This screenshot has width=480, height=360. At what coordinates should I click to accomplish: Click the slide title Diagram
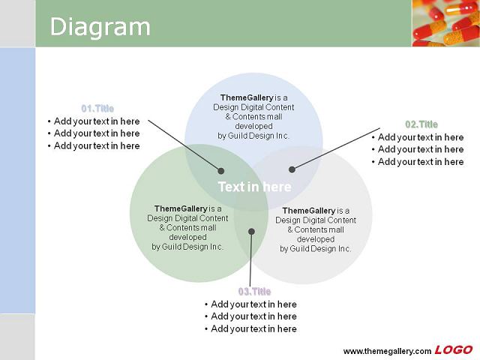[100, 28]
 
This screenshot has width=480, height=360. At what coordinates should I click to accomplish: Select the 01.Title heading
[97, 108]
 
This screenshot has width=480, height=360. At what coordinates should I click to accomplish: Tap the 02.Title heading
[421, 124]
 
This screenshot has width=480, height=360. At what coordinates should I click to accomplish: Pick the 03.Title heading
[255, 292]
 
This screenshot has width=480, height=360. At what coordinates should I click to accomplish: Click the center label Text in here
[254, 187]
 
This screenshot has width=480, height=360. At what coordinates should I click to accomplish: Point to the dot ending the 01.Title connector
[220, 171]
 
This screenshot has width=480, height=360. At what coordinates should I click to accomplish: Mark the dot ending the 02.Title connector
[292, 169]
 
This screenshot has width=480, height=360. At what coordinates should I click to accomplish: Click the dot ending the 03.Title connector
[251, 232]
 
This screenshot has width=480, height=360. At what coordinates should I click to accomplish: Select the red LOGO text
[454, 349]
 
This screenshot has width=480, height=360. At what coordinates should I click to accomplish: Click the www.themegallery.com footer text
[387, 351]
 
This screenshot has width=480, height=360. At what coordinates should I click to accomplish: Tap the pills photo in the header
[445, 23]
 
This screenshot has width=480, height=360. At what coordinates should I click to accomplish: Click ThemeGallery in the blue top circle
[247, 97]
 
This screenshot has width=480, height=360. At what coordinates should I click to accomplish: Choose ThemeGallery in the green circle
[181, 208]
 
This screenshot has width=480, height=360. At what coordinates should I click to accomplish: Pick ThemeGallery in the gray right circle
[308, 211]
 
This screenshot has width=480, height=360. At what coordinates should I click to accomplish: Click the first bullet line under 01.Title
[94, 121]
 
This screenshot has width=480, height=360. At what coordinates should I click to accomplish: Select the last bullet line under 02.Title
[418, 162]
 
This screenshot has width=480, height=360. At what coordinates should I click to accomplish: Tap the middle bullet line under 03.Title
[250, 316]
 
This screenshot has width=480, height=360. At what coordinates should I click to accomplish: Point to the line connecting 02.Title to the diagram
[336, 148]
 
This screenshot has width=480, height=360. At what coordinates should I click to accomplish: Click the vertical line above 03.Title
[250, 259]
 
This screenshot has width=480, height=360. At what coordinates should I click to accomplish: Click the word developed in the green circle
[187, 237]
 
